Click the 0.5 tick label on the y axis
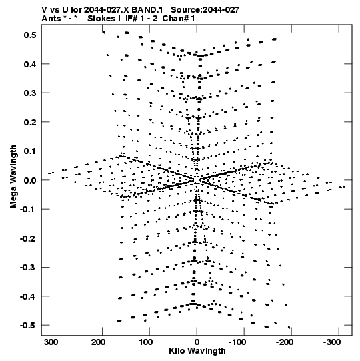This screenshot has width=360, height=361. click(30, 35)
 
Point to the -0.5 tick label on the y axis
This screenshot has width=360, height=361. click(28, 326)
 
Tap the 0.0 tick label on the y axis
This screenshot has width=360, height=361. click(30, 180)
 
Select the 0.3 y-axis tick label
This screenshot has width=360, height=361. click(30, 93)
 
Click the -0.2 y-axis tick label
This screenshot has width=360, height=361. click(28, 238)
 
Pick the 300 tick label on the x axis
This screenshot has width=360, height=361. click(51, 342)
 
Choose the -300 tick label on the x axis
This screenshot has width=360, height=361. click(332, 342)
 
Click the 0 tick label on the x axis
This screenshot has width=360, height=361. click(197, 342)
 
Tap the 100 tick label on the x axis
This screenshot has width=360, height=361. click(145, 342)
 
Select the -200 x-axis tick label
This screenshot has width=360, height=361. click(285, 342)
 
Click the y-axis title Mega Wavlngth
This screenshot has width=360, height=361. click(13, 177)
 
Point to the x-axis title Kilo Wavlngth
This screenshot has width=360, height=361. click(197, 351)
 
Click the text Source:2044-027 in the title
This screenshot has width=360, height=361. click(205, 10)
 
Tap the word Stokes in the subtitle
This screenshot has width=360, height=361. click(102, 19)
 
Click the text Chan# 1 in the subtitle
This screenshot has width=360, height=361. click(179, 19)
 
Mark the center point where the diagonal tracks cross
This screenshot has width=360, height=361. click(196, 180)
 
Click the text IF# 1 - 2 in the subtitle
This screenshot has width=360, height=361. click(141, 19)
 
